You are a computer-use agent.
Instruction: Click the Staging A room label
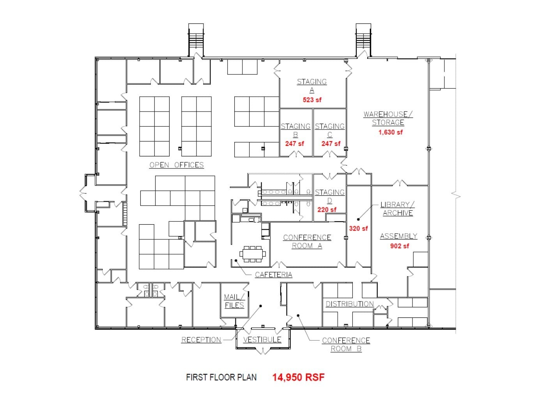click(311, 86)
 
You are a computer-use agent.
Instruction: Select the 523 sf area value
click(312, 100)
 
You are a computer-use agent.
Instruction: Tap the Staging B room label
click(295, 130)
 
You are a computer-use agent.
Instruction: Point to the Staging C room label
click(329, 130)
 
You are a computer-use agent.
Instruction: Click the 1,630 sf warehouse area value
click(390, 132)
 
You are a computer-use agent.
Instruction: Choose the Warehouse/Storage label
click(388, 118)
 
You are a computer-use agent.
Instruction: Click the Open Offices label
click(177, 165)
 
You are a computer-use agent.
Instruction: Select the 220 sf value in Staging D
click(327, 210)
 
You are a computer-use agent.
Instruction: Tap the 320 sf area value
click(358, 229)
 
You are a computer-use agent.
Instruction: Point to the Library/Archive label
click(398, 209)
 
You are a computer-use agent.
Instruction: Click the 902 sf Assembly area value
click(400, 246)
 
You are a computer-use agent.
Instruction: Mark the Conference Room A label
click(307, 241)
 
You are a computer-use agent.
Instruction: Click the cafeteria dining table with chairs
click(253, 254)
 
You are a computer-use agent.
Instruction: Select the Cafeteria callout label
click(273, 275)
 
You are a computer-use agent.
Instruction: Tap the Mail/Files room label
click(234, 301)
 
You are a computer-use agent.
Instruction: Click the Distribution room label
click(349, 304)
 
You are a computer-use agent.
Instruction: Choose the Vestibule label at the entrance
click(262, 340)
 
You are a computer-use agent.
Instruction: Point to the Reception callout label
click(201, 340)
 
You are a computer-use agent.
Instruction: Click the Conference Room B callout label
click(346, 344)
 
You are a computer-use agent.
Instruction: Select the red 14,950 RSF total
click(298, 377)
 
